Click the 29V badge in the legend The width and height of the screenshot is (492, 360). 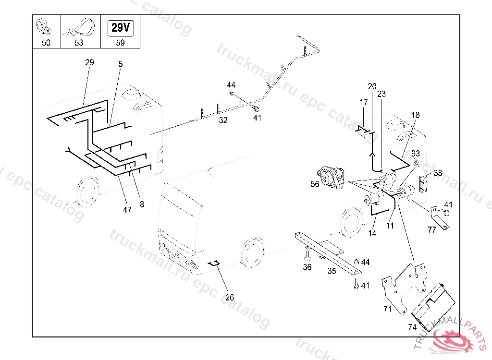click(120, 28)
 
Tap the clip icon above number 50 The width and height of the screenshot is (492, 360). click(46, 28)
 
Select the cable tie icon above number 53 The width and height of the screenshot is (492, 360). click(80, 28)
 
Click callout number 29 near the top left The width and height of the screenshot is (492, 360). click(89, 62)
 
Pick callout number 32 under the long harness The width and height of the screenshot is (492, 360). click(223, 120)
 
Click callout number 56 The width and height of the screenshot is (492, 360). click(315, 183)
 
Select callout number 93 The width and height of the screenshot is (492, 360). click(415, 154)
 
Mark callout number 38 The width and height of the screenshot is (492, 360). click(438, 173)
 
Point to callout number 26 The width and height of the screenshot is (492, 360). click(230, 298)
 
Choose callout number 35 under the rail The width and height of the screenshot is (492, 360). click(332, 271)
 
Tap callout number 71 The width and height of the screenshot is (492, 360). click(388, 309)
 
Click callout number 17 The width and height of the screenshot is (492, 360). click(364, 102)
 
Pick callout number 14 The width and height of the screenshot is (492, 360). click(372, 234)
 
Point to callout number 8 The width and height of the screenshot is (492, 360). click(142, 204)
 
